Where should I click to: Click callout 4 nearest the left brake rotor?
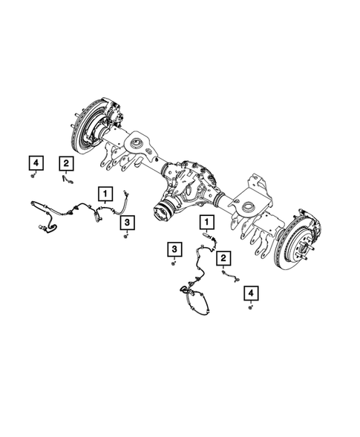35,162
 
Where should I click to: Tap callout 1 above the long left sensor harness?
107,195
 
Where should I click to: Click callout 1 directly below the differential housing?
206,221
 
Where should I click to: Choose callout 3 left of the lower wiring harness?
174,249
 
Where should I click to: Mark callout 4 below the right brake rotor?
254,294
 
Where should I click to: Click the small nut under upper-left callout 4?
35,177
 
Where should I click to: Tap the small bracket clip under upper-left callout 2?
67,177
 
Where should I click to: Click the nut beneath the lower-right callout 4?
251,306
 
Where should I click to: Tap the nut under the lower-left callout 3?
174,262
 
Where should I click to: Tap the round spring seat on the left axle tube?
140,138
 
